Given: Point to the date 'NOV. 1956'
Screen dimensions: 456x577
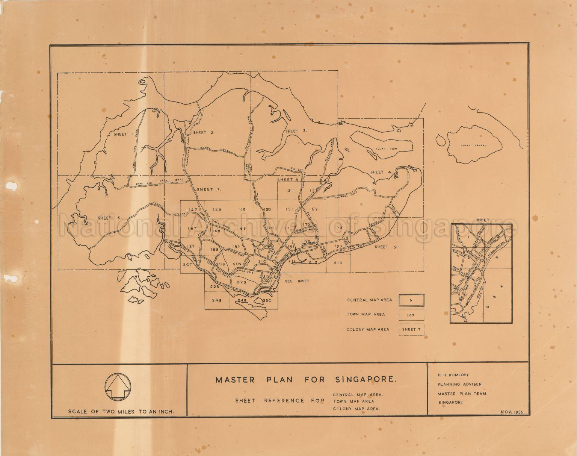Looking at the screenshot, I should click(514, 412).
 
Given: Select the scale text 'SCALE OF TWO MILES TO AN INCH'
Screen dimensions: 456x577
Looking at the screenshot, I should click(121, 412).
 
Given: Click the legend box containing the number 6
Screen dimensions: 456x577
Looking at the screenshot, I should click(411, 300).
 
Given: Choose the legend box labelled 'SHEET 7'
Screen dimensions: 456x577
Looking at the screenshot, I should click(411, 329).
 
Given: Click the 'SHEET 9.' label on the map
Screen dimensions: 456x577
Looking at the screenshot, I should click(387, 247).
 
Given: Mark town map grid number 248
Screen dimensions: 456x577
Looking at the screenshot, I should click(217, 300).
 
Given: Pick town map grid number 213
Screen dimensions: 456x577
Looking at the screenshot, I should click(338, 263).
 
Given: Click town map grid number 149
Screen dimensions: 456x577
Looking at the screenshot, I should click(241, 209).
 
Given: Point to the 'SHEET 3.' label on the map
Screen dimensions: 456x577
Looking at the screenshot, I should click(296, 131).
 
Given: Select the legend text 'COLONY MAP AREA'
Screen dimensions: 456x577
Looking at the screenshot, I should click(368, 329).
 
